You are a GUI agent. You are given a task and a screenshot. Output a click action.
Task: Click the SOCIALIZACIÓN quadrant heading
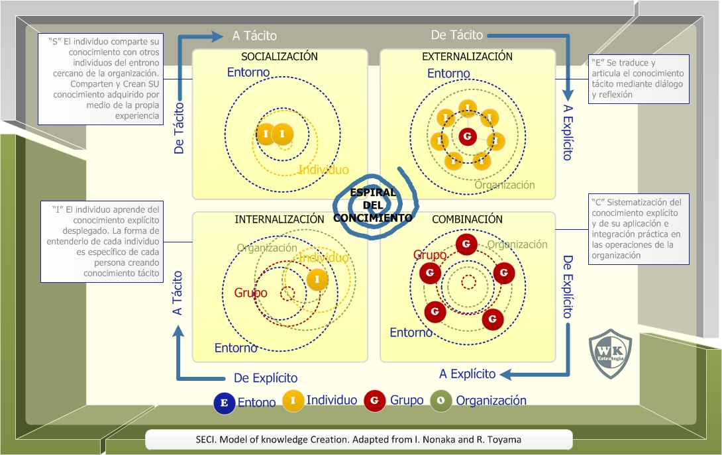pyautogui.click(x=280, y=57)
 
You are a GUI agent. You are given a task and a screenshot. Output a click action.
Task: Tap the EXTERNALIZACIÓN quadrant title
pyautogui.click(x=467, y=57)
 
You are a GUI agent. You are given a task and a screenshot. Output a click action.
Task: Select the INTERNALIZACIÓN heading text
pyautogui.click(x=280, y=219)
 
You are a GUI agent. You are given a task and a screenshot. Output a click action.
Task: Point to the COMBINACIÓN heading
pyautogui.click(x=467, y=219)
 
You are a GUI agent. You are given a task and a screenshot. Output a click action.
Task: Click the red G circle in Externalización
pyautogui.click(x=468, y=138)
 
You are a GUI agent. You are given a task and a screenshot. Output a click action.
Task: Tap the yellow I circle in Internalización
pyautogui.click(x=318, y=279)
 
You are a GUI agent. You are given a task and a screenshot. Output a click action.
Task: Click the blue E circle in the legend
pyautogui.click(x=224, y=403)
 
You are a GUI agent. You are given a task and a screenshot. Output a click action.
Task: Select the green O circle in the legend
pyautogui.click(x=441, y=401)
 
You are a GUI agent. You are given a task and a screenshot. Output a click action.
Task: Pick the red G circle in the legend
pyautogui.click(x=375, y=401)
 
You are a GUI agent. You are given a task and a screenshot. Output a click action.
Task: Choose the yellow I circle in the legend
pyautogui.click(x=293, y=401)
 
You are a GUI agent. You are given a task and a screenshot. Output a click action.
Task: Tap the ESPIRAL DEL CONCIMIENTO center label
pyautogui.click(x=373, y=205)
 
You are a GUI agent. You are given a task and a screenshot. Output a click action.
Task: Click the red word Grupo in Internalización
pyautogui.click(x=250, y=293)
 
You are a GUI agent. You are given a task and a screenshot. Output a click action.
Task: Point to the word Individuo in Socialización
pyautogui.click(x=323, y=170)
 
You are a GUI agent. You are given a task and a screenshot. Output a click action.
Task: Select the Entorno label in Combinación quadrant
pyautogui.click(x=411, y=332)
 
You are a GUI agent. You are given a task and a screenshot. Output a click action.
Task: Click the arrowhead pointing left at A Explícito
pyautogui.click(x=505, y=375)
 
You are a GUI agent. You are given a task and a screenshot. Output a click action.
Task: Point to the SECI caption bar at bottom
pyautogui.click(x=358, y=440)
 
